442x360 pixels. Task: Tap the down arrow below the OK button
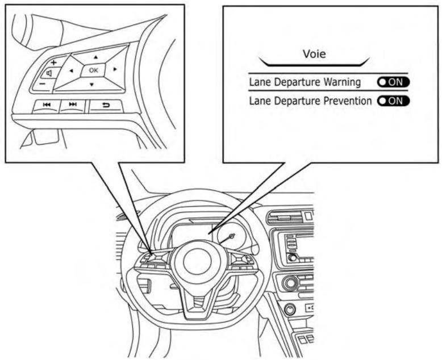pyautogui.click(x=91, y=84)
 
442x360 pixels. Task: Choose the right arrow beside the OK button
pyautogui.click(x=115, y=69)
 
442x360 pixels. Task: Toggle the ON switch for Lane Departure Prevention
pyautogui.click(x=391, y=101)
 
